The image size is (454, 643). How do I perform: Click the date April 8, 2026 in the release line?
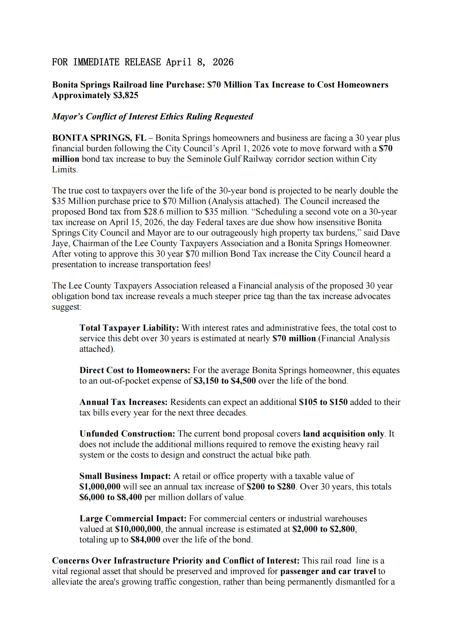200,62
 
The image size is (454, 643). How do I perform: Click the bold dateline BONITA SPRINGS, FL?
99,138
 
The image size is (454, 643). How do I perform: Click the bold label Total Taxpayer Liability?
129,328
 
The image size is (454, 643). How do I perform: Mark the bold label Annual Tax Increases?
123,402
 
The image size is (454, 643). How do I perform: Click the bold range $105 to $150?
323,402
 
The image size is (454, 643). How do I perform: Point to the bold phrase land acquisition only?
343,434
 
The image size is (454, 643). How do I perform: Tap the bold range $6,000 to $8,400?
111,497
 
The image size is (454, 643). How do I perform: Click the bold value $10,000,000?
138,529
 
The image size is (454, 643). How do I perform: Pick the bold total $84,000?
145,540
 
